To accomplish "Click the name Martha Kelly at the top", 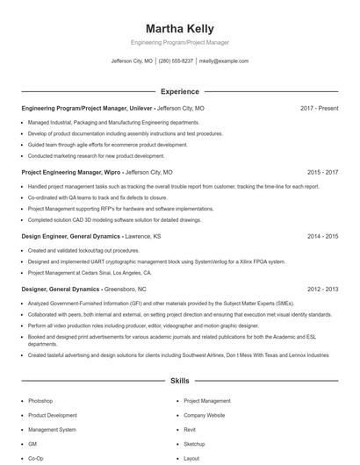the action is [179, 29].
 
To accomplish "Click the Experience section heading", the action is [179, 91].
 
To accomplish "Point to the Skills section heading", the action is [179, 382].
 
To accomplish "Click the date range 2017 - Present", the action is [319, 108].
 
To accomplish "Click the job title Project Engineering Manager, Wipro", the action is [71, 173].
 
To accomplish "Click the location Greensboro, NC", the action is [125, 289].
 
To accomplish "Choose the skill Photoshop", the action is [40, 400].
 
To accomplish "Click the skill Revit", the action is [190, 430].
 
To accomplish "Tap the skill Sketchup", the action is [194, 444].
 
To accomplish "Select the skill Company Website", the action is [205, 415].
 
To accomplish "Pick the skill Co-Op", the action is [36, 458].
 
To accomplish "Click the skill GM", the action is [32, 444].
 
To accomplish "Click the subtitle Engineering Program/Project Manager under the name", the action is [179, 42].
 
